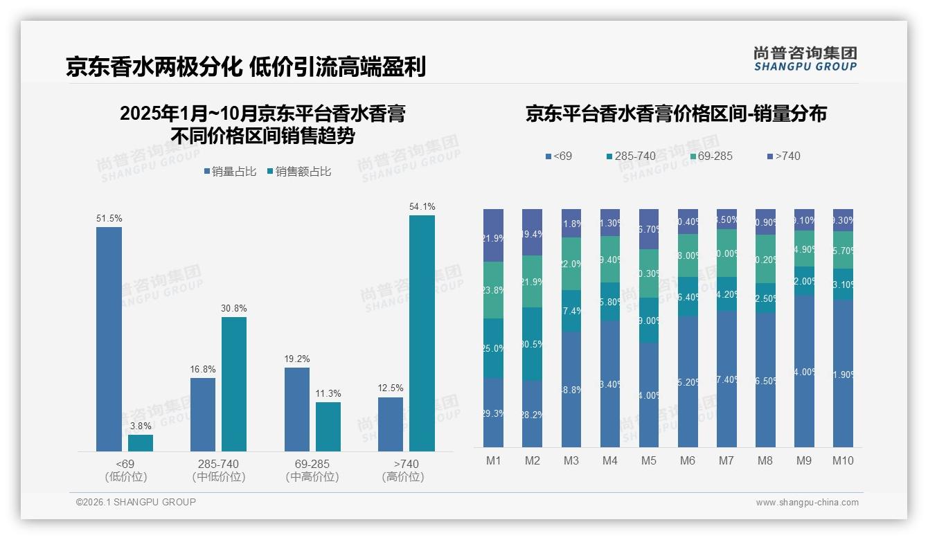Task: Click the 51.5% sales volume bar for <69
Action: click(x=109, y=339)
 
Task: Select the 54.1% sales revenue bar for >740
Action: click(x=422, y=333)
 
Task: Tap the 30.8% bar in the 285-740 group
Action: click(x=234, y=384)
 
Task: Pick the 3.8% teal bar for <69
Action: click(x=141, y=443)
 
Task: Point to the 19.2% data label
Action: click(x=297, y=359)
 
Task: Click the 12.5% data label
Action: click(x=391, y=388)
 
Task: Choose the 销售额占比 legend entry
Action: click(x=298, y=172)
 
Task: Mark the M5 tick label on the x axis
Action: click(x=648, y=461)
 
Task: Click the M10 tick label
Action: click(x=843, y=461)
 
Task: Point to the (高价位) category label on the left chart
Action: click(x=402, y=477)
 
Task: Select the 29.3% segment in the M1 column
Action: click(x=494, y=413)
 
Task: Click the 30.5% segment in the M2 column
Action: click(x=532, y=344)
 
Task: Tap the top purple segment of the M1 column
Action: click(x=494, y=235)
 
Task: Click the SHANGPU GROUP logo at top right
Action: click(x=805, y=59)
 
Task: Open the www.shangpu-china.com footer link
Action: click(x=807, y=503)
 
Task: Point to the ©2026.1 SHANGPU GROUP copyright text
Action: click(x=136, y=502)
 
